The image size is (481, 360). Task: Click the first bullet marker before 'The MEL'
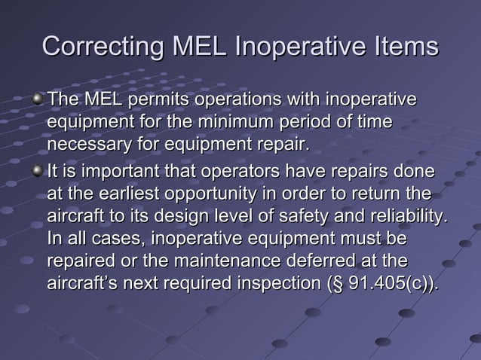coord(38,99)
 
